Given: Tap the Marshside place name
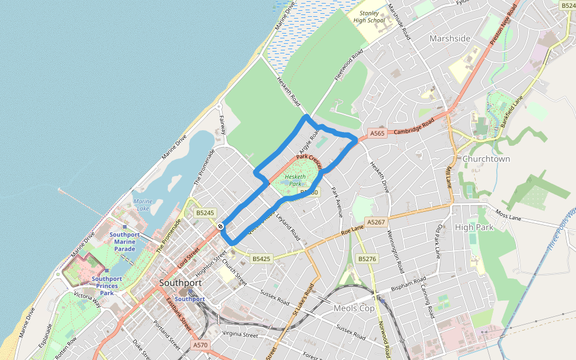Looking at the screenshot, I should pos(450,38).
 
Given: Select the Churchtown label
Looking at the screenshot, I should pos(486,159).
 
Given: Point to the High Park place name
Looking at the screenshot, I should pos(474,227).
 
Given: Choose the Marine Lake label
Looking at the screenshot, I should pos(143,205).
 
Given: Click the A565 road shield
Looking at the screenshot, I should pos(377,133).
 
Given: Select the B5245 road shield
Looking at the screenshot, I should pos(205,213).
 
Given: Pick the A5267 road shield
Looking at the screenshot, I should pos(376,222).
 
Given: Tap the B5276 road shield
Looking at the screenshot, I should pos(367,259).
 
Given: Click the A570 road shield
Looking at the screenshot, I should pos(200,346).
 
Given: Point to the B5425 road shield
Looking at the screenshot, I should pos(261,259).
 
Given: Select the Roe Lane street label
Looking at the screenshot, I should pos(353,229).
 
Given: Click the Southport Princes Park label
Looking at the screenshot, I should pos(107,282).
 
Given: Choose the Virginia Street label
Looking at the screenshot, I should pos(239,335).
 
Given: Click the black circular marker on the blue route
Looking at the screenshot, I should pos(221,226).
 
